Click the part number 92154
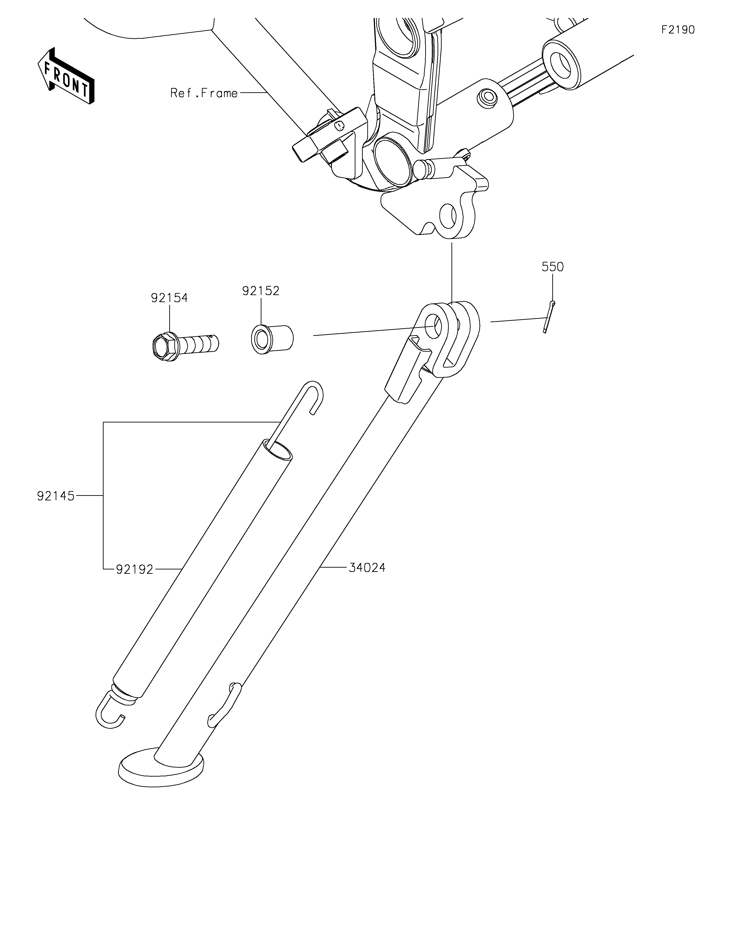point(169,298)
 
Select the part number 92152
point(261,291)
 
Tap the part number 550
point(553,267)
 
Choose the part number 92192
point(135,569)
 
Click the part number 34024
point(367,568)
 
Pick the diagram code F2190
point(678,30)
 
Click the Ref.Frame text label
point(204,93)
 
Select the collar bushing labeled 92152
point(272,340)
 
